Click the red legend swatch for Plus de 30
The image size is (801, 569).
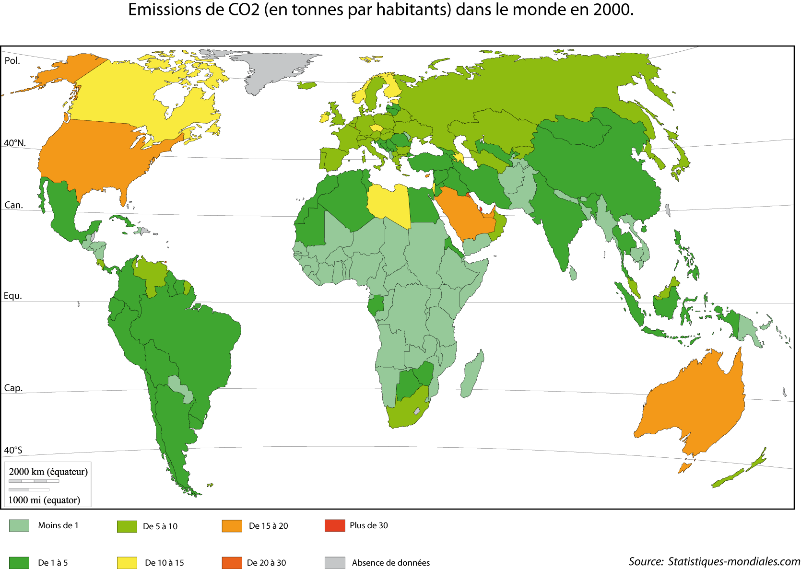click(335, 525)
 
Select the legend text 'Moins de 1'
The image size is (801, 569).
click(58, 525)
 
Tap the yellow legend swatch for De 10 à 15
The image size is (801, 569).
click(127, 563)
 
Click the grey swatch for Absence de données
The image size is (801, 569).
click(335, 563)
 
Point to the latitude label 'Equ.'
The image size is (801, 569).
click(13, 296)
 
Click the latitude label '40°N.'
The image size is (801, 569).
click(15, 143)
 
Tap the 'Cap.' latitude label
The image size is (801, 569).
click(13, 388)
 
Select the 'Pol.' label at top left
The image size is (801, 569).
click(12, 61)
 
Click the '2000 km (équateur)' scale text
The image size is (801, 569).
click(48, 472)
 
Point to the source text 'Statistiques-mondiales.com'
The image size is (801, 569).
click(734, 561)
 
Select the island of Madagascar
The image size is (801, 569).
click(473, 374)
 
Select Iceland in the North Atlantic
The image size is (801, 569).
click(306, 85)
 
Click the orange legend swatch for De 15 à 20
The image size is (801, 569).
click(232, 526)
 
